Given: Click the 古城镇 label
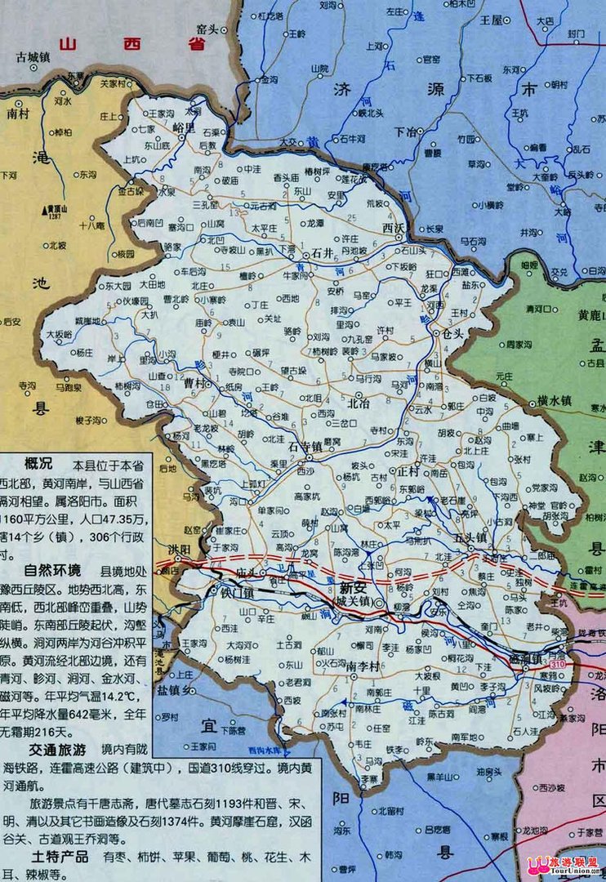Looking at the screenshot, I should click(x=34, y=57).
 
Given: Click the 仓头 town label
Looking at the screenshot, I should click(x=452, y=334).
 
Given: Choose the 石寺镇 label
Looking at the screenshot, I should click(x=305, y=447).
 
